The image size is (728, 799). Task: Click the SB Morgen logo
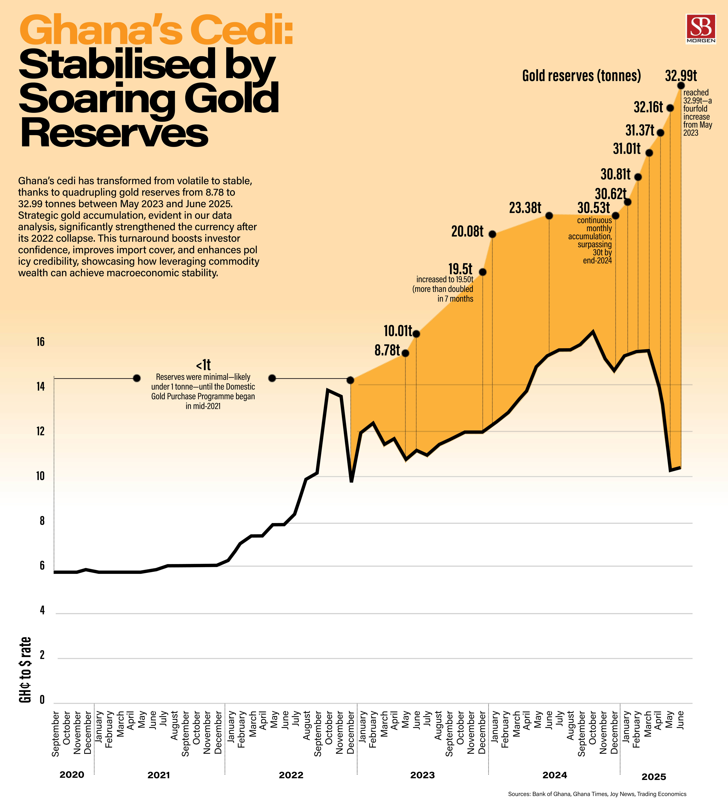point(701,28)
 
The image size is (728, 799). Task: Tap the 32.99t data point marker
point(681,86)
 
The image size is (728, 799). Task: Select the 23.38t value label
point(525,208)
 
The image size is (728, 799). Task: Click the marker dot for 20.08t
point(492,234)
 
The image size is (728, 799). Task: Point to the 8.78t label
point(387,350)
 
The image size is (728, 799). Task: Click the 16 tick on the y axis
point(40,342)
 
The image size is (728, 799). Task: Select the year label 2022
point(291,775)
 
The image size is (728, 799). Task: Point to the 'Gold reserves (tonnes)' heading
point(581,76)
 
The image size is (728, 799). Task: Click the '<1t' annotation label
point(203,365)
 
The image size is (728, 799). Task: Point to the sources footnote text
point(597,794)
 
